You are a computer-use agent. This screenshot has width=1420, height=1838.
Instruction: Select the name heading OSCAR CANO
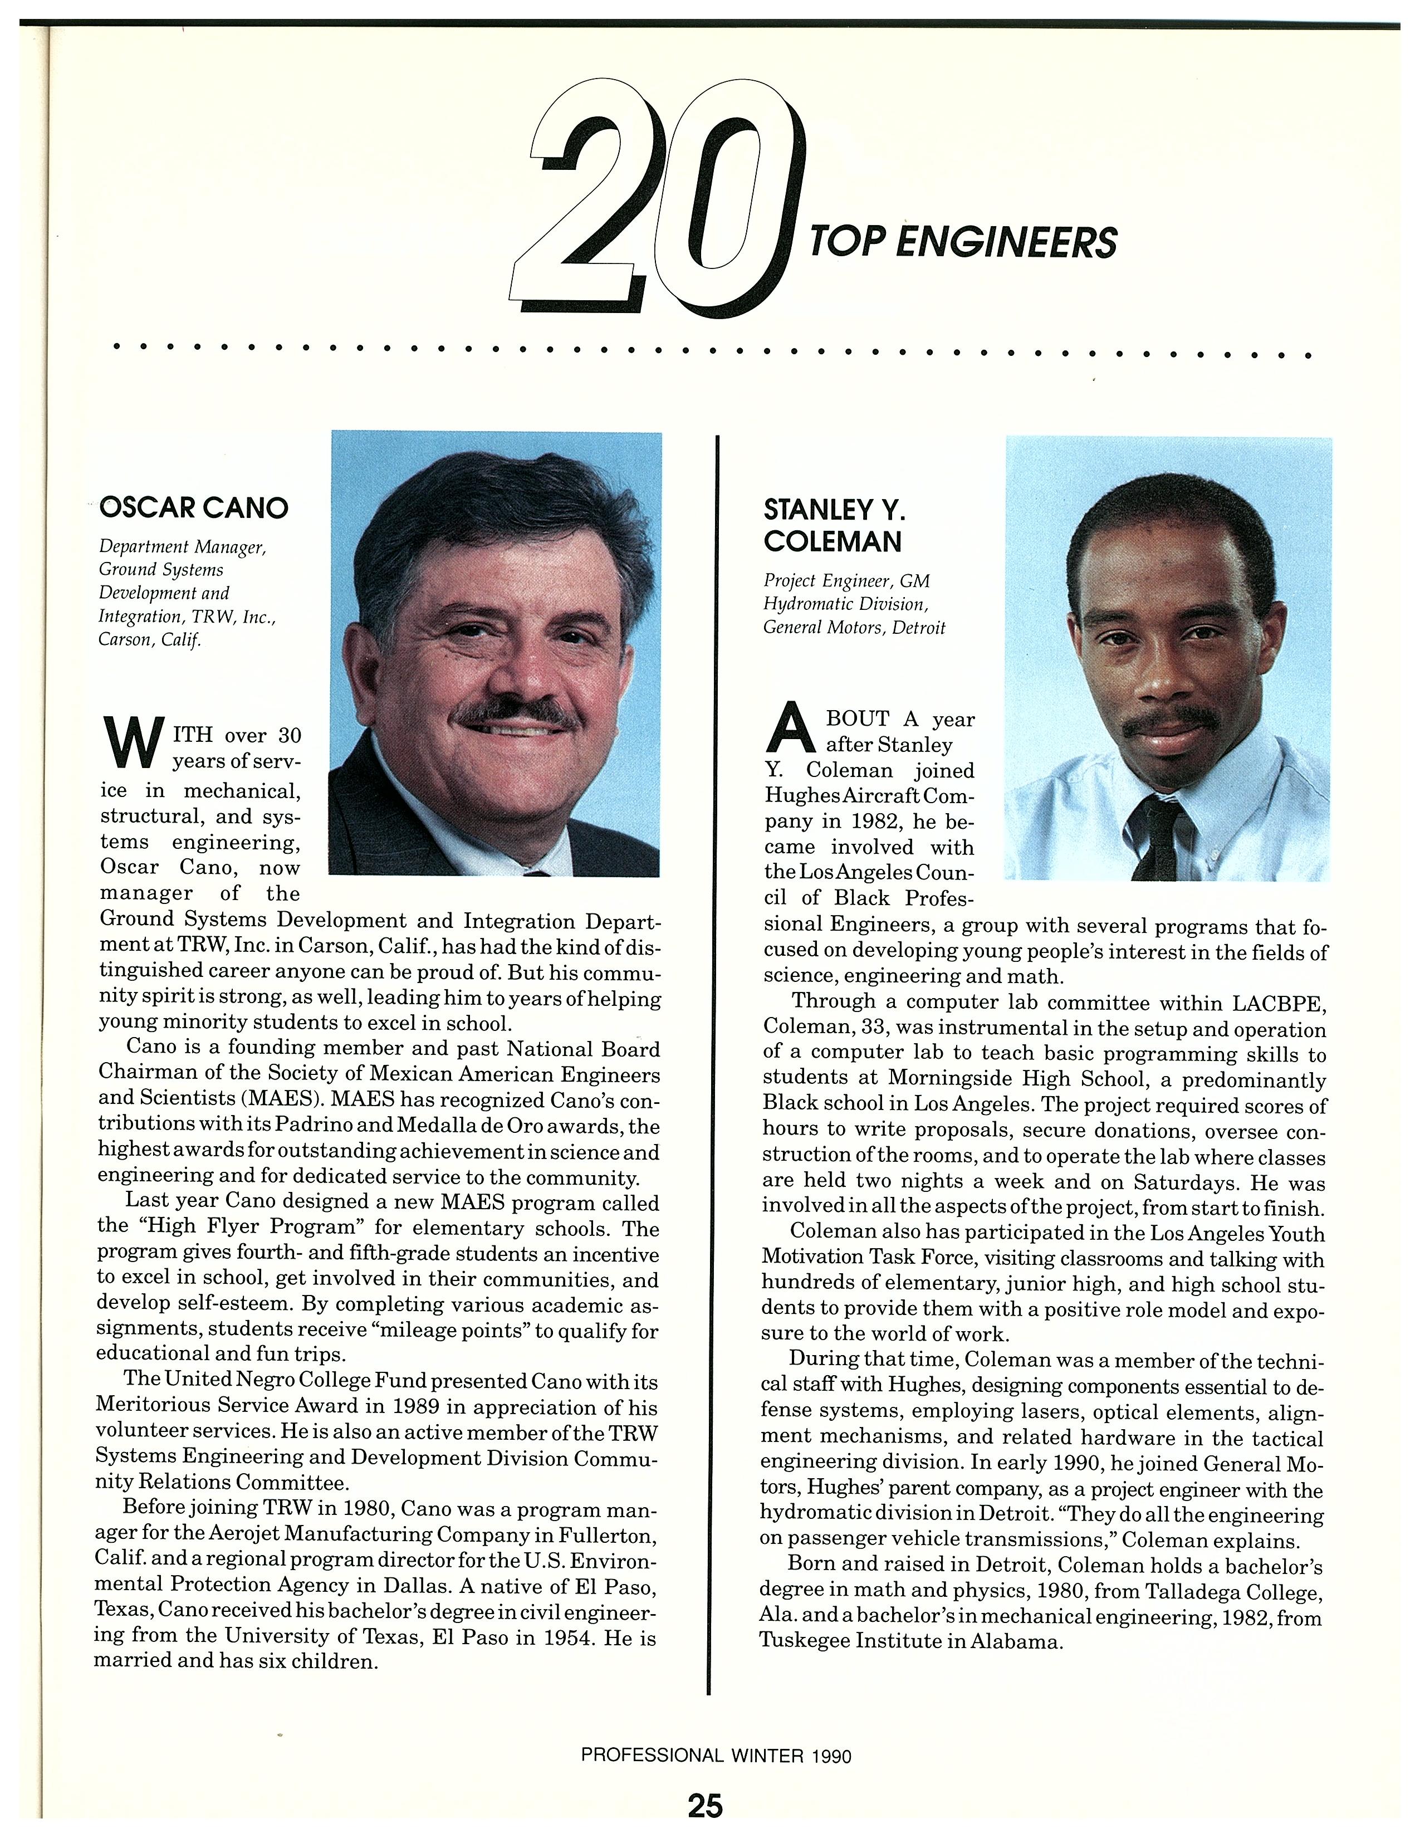pyautogui.click(x=193, y=507)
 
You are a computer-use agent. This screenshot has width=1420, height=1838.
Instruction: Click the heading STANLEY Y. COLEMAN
pyautogui.click(x=833, y=525)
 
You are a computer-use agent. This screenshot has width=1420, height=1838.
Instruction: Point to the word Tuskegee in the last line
pyautogui.click(x=804, y=1640)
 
